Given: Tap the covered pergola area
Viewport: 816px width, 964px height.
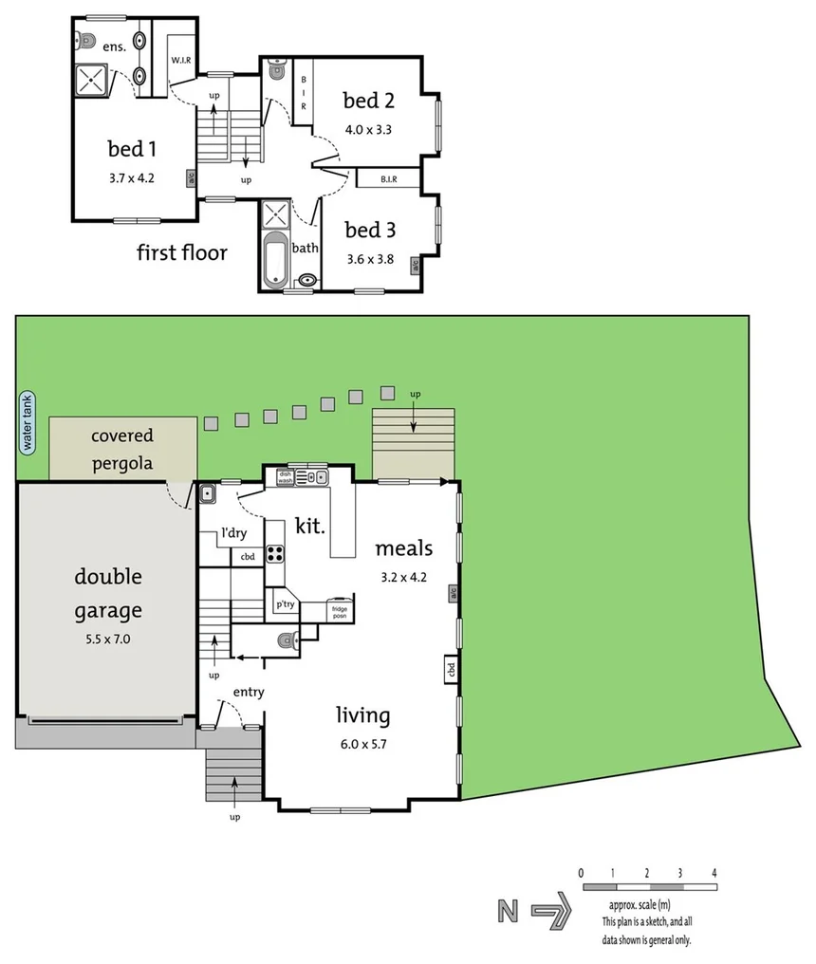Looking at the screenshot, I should [x=122, y=449].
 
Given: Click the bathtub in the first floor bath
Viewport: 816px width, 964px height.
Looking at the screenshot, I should [x=275, y=258].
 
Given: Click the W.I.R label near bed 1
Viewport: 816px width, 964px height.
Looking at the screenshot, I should [x=181, y=60].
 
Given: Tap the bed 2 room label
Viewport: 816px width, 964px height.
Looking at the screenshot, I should [x=368, y=101].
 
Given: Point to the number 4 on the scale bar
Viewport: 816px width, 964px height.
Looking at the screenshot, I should [x=714, y=872].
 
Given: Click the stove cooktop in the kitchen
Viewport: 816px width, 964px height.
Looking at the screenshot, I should [x=275, y=552].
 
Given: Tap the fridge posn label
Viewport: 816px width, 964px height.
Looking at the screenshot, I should [x=340, y=610].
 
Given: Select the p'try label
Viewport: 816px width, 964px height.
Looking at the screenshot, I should [x=285, y=603].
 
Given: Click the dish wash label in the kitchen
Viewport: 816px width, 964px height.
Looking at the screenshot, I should [x=285, y=475].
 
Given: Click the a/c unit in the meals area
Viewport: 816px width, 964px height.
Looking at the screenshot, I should [x=454, y=594].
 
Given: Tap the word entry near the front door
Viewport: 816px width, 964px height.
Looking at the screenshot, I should [x=248, y=693].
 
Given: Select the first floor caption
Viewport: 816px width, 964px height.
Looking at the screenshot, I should [x=181, y=252].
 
